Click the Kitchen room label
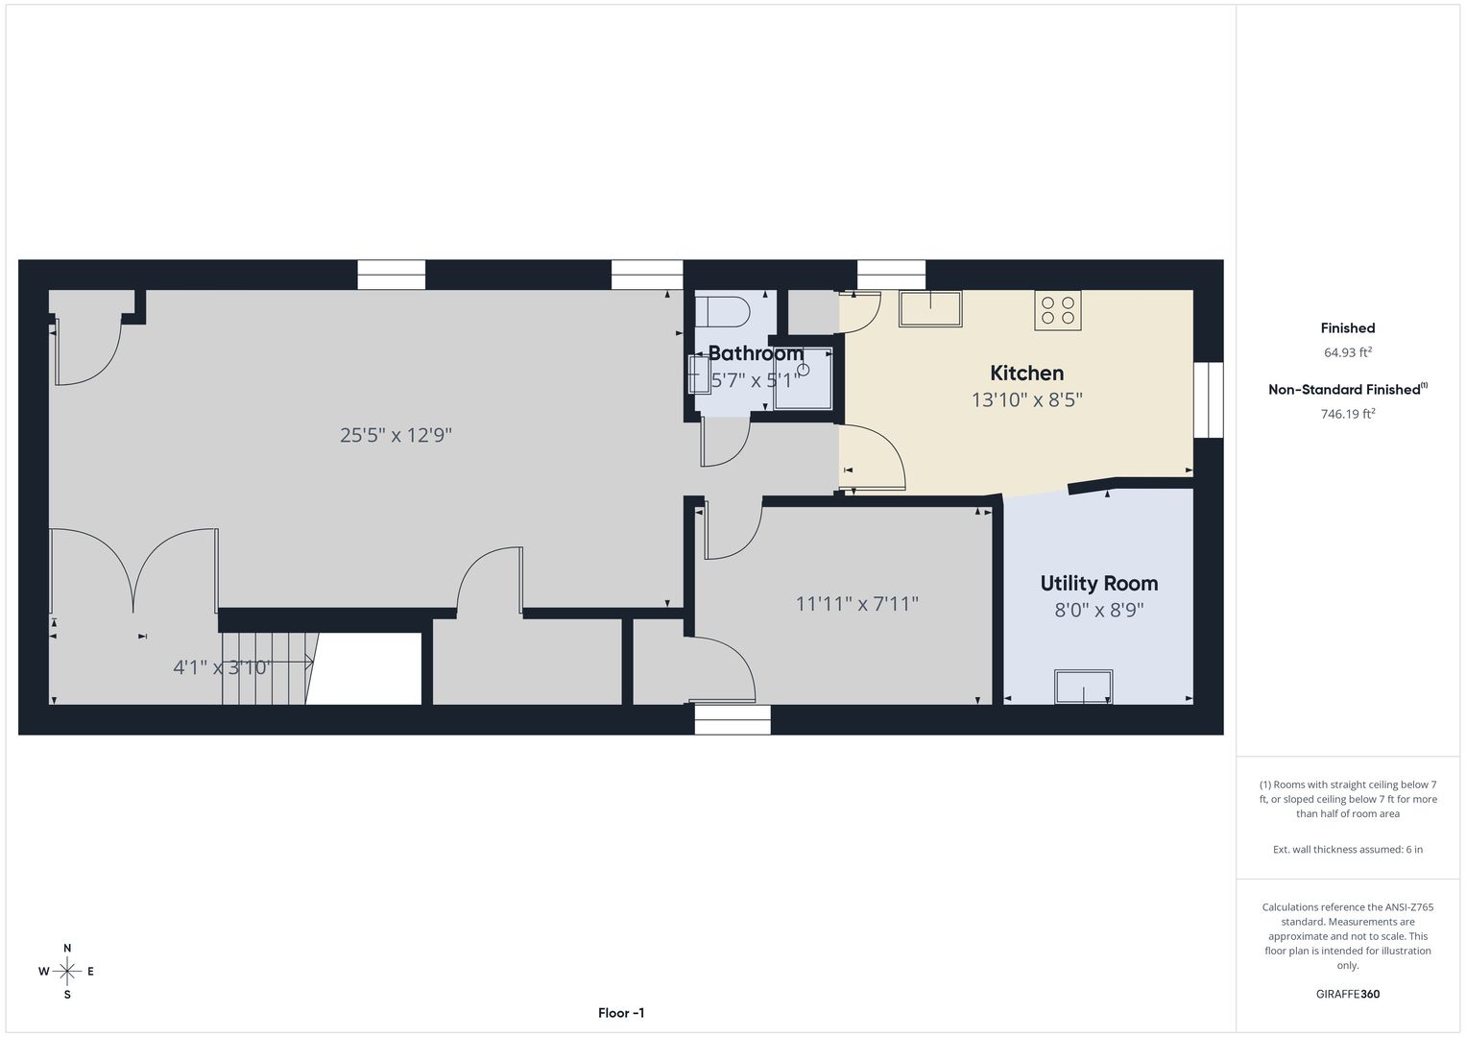coord(1026,374)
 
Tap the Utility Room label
coord(1099,584)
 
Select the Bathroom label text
coord(756,353)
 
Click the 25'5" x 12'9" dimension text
coord(396,435)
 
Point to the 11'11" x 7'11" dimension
coord(856,604)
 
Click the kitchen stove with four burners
coord(1058,310)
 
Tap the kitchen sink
coord(930,308)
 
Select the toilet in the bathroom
coord(722,312)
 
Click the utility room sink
coord(1083,687)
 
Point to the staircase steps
coord(264,668)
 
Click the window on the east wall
coord(1208,399)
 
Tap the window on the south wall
coord(733,719)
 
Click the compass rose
coord(67,971)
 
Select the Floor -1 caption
coord(621,1013)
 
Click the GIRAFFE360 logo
coord(1348,994)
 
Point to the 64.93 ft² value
coord(1348,352)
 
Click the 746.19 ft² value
coord(1348,414)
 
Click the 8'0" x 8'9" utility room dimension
coord(1099,610)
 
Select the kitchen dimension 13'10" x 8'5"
coord(1027,400)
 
